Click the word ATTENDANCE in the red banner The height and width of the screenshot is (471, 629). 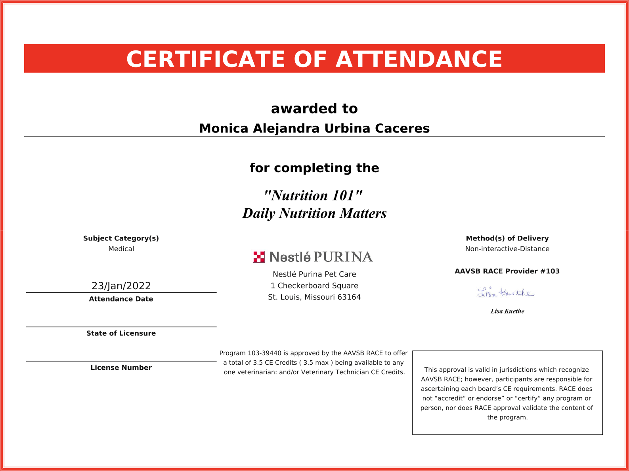419,60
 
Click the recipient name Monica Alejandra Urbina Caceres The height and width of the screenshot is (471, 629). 314,129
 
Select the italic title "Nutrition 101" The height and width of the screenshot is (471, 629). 313,196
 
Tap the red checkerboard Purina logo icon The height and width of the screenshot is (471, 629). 259,257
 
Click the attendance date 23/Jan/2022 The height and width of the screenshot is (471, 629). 121,286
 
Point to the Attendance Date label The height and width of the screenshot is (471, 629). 121,299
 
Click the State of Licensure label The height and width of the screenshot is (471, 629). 121,333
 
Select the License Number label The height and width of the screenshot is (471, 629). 121,367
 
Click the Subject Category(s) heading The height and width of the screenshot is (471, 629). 121,238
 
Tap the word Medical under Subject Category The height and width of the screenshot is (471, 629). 121,249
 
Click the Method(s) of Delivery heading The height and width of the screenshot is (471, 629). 507,238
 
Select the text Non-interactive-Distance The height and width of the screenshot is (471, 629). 507,249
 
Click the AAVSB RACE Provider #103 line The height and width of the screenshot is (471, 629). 507,271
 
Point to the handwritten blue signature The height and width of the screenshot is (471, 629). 506,293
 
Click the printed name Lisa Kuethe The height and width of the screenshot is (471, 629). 507,311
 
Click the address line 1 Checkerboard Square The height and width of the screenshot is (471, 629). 314,286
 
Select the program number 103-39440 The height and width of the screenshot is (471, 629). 264,353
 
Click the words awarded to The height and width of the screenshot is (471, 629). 314,109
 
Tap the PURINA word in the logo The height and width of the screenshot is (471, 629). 343,257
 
